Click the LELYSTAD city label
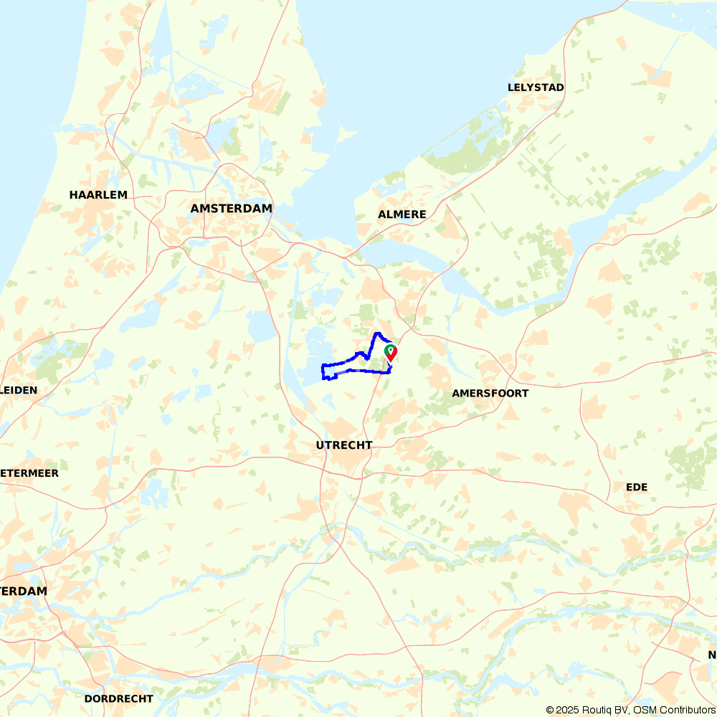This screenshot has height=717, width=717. tap(536, 87)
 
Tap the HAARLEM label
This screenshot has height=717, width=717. tap(98, 195)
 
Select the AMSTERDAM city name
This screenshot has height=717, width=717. tap(232, 209)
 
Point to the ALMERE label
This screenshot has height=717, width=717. tap(402, 214)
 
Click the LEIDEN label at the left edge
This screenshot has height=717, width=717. tap(19, 390)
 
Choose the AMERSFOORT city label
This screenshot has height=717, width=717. tap(490, 394)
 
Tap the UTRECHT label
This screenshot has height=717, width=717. tap(344, 445)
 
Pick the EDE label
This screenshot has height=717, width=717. tap(637, 488)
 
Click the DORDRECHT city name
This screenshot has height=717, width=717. tap(119, 698)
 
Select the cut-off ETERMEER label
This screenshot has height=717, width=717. tap(30, 473)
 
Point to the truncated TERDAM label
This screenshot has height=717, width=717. tap(24, 592)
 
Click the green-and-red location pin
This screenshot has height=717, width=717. tap(391, 352)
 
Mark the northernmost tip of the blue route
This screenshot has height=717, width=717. tap(377, 333)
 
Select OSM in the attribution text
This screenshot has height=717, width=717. tap(642, 710)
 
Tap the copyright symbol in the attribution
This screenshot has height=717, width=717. tap(550, 710)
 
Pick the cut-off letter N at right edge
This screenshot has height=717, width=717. tap(713, 655)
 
